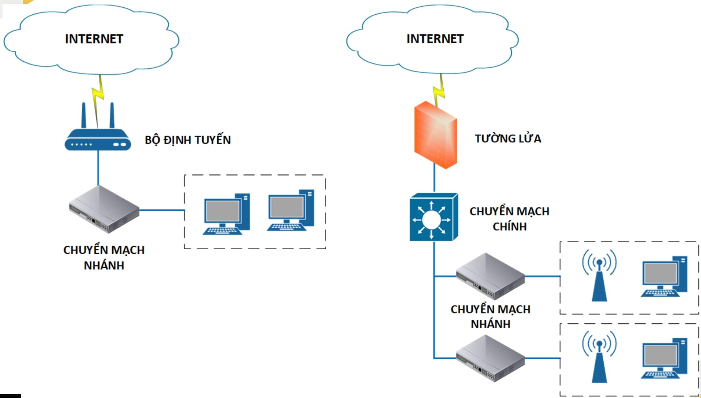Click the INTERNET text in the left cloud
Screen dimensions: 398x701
tap(94, 39)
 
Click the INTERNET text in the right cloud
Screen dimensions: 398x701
tap(435, 39)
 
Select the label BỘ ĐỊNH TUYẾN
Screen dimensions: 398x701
tap(188, 140)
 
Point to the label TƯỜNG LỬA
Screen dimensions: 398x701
tap(508, 138)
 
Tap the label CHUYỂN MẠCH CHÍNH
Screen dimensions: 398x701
tap(509, 219)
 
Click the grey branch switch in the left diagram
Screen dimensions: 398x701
tap(104, 209)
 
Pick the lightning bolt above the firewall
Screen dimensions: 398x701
tap(439, 90)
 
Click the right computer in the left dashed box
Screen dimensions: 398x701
tap(291, 210)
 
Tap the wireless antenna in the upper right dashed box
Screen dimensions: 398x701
tap(599, 275)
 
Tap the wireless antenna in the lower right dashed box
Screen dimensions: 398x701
tap(599, 357)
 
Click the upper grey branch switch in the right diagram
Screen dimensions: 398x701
tap(490, 276)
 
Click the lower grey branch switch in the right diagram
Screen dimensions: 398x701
tap(490, 358)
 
